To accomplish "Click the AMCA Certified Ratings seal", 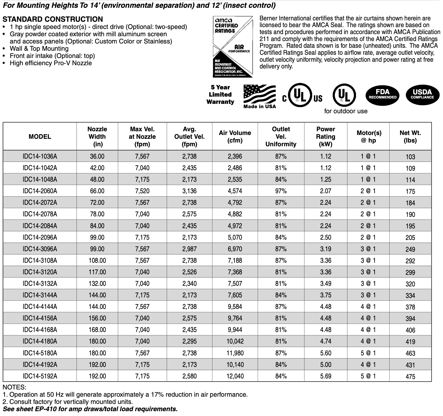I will pos(233,47).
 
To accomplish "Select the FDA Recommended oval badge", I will pos(383,95).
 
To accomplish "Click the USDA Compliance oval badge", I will pos(422,95).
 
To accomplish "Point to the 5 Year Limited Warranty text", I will pos(220,95).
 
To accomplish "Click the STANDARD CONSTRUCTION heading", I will pos(53,19).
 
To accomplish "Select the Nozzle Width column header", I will pos(97,137).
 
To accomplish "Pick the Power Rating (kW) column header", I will pos(325,137).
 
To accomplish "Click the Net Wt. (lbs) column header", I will pos(410,137).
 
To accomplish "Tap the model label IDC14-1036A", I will pos(40,156).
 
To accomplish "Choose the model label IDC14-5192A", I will pos(40,376).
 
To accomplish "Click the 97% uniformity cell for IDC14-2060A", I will pos(281,191).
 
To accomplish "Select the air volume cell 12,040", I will pos(235,376).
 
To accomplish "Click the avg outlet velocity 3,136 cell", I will pos(189,191).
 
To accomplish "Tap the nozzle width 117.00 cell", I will pos(97,272).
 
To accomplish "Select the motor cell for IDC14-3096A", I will pos(368,249).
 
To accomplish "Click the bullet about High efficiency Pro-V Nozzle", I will pos(51,63).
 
